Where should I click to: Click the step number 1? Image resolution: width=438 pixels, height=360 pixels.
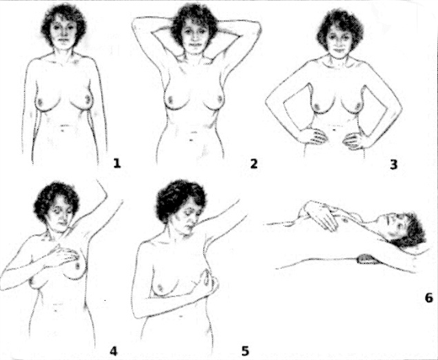pyautogui.click(x=117, y=163)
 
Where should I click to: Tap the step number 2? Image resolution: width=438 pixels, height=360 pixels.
pyautogui.click(x=254, y=164)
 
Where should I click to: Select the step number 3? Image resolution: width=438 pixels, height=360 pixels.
pyautogui.click(x=393, y=164)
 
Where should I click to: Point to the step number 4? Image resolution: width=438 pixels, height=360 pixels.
pyautogui.click(x=114, y=352)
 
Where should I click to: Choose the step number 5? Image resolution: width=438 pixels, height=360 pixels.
pyautogui.click(x=245, y=352)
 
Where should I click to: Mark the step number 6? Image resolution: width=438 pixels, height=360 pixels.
pyautogui.click(x=429, y=298)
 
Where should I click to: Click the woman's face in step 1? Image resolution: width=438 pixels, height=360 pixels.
pyautogui.click(x=64, y=32)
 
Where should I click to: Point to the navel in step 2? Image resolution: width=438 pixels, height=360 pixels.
pyautogui.click(x=191, y=140)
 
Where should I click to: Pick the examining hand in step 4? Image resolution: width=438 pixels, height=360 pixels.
pyautogui.click(x=63, y=255)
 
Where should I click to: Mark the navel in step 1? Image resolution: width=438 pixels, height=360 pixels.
pyautogui.click(x=64, y=127)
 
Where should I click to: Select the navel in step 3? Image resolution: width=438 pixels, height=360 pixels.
pyautogui.click(x=334, y=130)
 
